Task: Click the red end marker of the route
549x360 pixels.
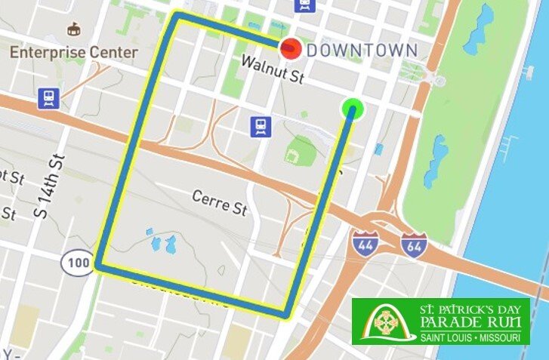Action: pos(291,50)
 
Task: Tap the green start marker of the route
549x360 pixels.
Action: pos(352,109)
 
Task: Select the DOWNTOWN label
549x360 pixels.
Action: pos(362,51)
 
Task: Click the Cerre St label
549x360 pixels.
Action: pos(220,202)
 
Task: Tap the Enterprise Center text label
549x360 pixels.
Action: pos(74,53)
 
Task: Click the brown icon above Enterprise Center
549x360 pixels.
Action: pos(73,30)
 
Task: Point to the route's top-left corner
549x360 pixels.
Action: pos(177,15)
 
